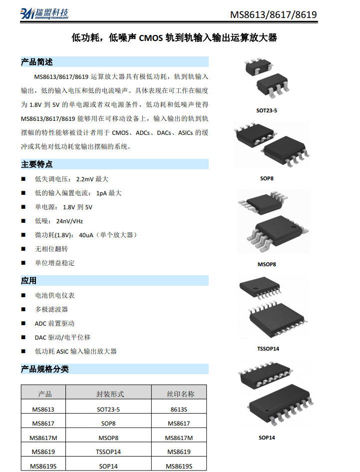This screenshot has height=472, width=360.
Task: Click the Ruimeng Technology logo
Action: click(44, 14)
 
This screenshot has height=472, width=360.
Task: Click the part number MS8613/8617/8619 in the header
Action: click(273, 14)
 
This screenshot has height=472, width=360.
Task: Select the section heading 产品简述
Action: click(37, 62)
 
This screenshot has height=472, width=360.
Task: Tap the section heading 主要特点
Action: click(37, 164)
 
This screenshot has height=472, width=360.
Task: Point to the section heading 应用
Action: click(28, 281)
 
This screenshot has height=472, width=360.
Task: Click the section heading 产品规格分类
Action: click(45, 369)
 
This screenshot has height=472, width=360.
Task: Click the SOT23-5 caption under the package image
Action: click(267, 110)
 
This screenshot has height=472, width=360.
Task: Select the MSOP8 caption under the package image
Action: click(267, 264)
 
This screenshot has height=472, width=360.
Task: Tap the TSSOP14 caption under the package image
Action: click(268, 349)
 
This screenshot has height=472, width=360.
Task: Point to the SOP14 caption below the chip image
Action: click(267, 438)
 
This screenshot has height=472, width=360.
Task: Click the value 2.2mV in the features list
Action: click(85, 179)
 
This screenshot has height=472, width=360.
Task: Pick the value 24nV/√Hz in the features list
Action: click(69, 221)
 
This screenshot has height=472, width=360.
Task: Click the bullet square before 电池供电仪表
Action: click(23, 295)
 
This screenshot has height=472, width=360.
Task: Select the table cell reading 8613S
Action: click(179, 410)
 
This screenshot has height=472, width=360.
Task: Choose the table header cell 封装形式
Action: click(110, 394)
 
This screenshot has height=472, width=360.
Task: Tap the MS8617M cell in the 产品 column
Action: click(43, 438)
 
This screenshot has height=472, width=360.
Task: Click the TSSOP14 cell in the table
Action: click(108, 452)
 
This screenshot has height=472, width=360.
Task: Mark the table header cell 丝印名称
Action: click(181, 394)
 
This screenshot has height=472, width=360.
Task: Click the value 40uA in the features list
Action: click(86, 235)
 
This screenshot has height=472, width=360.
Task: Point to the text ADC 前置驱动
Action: click(54, 323)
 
